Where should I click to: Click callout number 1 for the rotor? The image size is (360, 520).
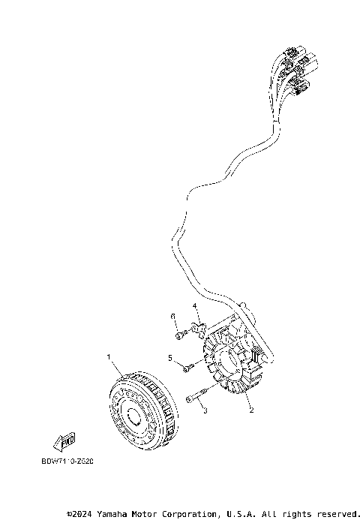(x=109, y=356)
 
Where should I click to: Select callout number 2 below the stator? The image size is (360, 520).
(x=251, y=410)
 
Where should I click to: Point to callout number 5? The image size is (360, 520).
(x=170, y=357)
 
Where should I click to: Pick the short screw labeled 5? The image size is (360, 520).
(x=187, y=367)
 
